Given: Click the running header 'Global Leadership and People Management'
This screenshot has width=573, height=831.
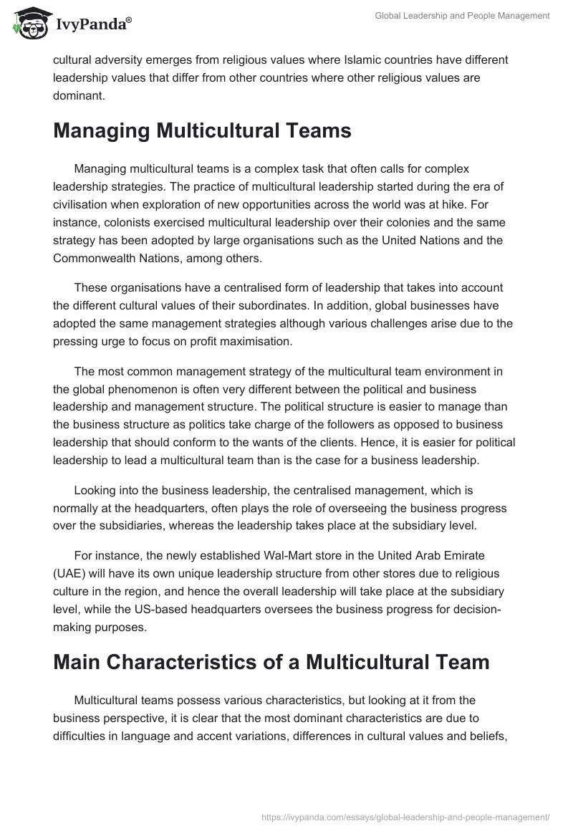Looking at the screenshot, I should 462,16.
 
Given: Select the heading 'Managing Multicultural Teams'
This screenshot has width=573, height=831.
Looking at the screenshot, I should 202,130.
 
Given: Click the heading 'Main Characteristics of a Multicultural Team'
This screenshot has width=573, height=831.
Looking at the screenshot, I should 271,661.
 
